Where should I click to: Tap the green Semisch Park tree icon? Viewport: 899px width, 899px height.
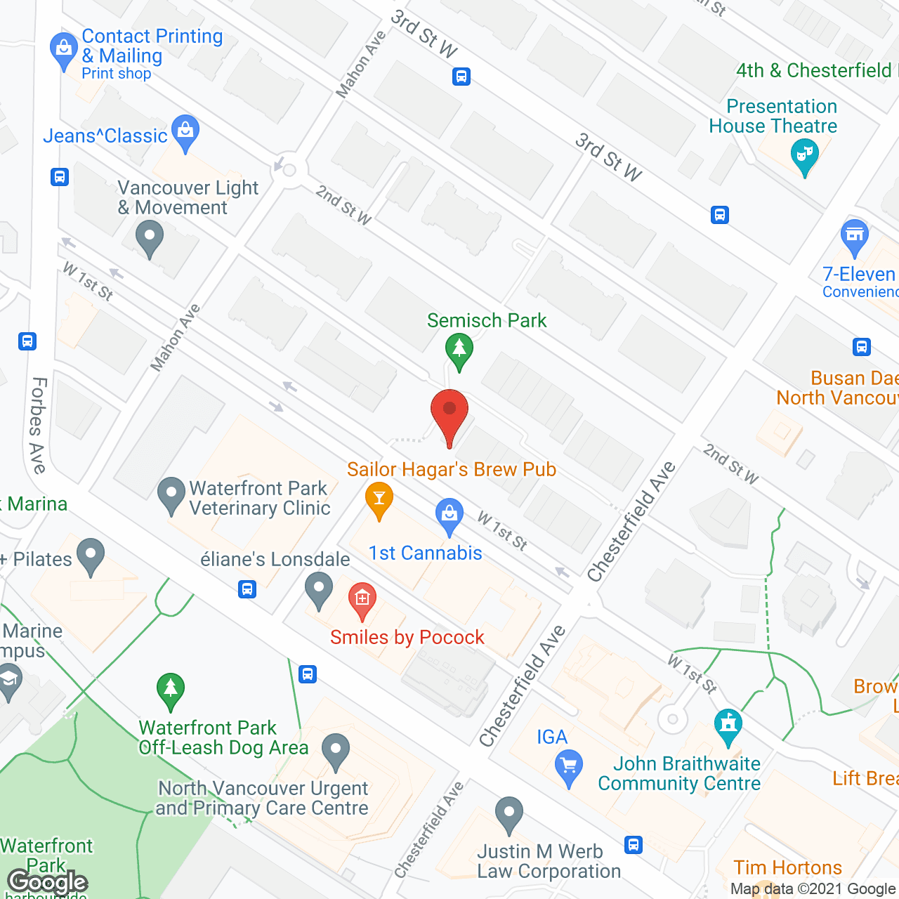pyautogui.click(x=459, y=349)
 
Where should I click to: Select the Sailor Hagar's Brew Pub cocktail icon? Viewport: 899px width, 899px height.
pyautogui.click(x=379, y=499)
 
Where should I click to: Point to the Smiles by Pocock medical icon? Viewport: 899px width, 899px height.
pyautogui.click(x=362, y=599)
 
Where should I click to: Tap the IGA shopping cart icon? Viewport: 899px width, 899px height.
pyautogui.click(x=568, y=766)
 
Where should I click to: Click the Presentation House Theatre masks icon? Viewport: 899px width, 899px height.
pyautogui.click(x=805, y=155)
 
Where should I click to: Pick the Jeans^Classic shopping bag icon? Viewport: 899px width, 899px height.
pyautogui.click(x=185, y=131)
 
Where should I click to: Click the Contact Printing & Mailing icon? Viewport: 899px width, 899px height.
pyautogui.click(x=64, y=50)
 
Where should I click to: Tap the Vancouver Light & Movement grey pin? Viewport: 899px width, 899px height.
pyautogui.click(x=149, y=237)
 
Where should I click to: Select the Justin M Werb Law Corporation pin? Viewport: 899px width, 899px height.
pyautogui.click(x=509, y=813)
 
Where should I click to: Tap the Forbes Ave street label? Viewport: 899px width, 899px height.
pyautogui.click(x=38, y=426)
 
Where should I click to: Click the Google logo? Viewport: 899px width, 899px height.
pyautogui.click(x=48, y=881)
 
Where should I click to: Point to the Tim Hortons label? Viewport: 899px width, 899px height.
pyautogui.click(x=787, y=867)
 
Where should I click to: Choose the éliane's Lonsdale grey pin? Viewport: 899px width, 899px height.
pyautogui.click(x=319, y=589)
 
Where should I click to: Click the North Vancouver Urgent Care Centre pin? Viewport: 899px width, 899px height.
pyautogui.click(x=336, y=750)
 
